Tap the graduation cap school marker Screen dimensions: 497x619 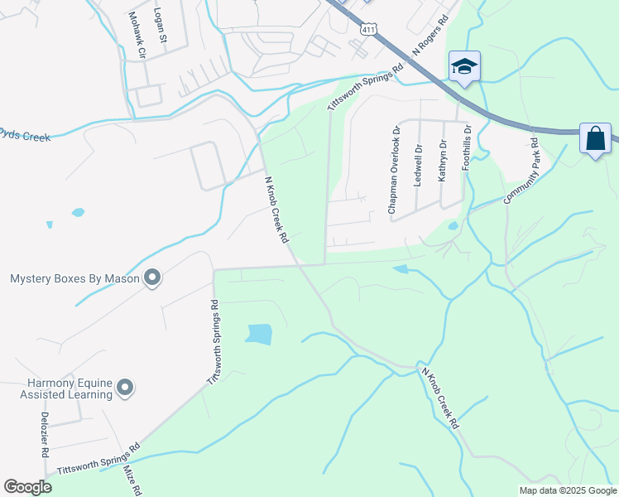tap(464, 67)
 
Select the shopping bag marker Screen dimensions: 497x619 tap(596, 138)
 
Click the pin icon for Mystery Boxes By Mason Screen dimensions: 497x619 tap(151, 278)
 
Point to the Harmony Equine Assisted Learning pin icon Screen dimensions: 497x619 tap(125, 388)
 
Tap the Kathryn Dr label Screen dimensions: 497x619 tap(443, 161)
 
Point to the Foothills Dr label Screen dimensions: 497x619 tap(467, 147)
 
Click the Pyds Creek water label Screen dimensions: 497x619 tap(25, 133)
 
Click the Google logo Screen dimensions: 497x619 tap(28, 487)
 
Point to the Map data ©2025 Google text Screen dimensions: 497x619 tap(567, 490)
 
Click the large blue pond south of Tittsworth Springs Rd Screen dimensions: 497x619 tap(259, 334)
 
